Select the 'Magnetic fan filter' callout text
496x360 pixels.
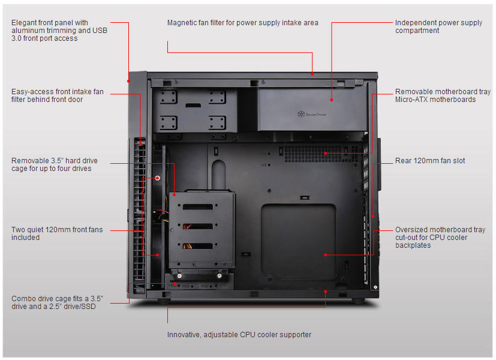pos(242,23)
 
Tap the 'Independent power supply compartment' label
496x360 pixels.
pos(438,26)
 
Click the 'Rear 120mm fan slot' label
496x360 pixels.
pos(430,161)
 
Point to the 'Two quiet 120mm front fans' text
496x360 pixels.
pos(57,233)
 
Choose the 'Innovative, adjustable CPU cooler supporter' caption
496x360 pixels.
pos(239,334)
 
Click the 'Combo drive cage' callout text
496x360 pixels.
pos(57,302)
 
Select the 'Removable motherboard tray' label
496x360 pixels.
pos(442,95)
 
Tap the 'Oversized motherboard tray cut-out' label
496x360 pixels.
pos(440,237)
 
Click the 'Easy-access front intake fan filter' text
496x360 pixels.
pos(58,95)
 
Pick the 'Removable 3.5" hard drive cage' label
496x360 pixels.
pos(55,164)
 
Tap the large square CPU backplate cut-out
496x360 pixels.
pos(299,241)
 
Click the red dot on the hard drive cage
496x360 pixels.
pos(175,194)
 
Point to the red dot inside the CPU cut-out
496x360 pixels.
pos(325,254)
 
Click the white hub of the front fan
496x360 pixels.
pos(157,178)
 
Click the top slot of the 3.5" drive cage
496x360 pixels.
pos(201,207)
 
